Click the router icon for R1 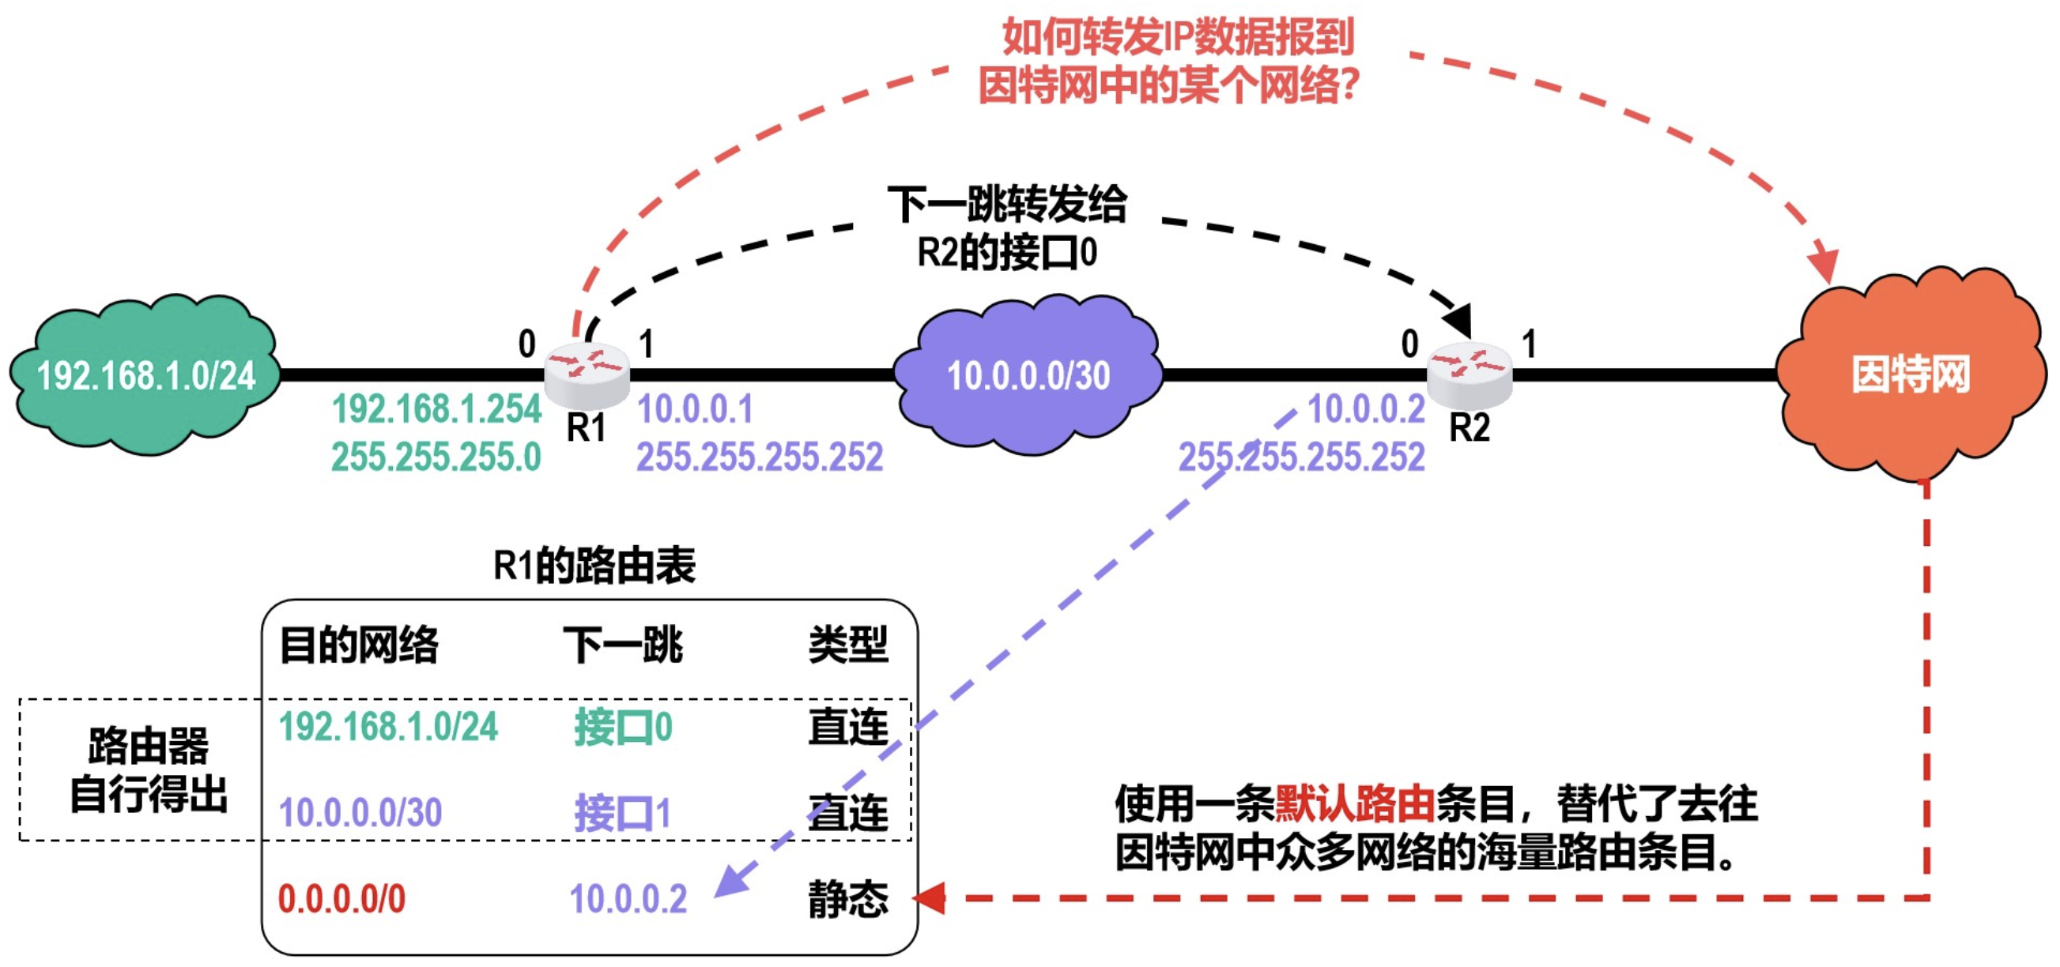coord(587,372)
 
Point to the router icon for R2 coord(1470,372)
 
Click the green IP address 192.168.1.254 coord(436,409)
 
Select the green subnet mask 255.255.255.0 coord(436,457)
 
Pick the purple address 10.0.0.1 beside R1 coord(695,409)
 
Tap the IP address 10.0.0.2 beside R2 coord(1366,409)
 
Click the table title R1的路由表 coord(594,566)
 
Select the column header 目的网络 coord(359,644)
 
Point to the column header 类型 coord(847,644)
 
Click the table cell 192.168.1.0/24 coord(388,728)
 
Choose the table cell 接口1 coord(622,814)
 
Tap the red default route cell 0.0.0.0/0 coord(341,899)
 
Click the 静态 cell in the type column coord(847,899)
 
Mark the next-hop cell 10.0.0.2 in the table coord(628,899)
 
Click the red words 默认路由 coord(1355,804)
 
